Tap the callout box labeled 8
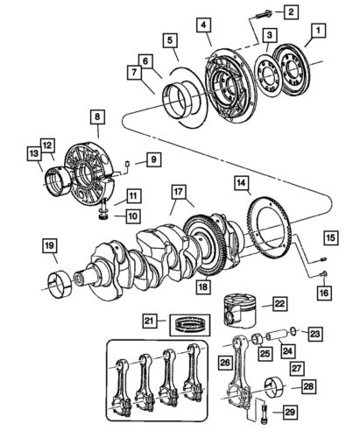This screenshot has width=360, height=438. pos(95,115)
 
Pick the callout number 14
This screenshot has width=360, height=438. pos(240,184)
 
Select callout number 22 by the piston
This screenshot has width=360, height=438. pos(279,303)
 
